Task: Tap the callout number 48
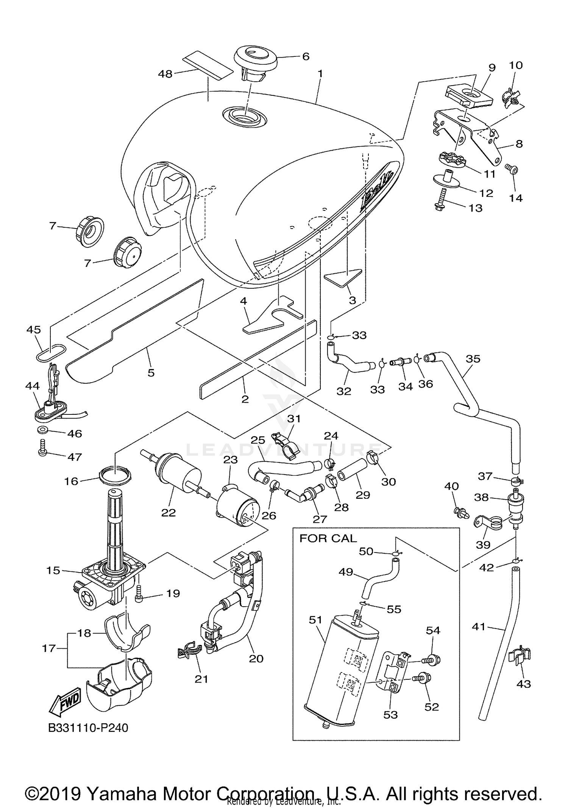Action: tap(165, 74)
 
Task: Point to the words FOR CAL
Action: tap(328, 538)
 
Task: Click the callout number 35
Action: tap(473, 358)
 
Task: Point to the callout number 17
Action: tap(49, 648)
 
